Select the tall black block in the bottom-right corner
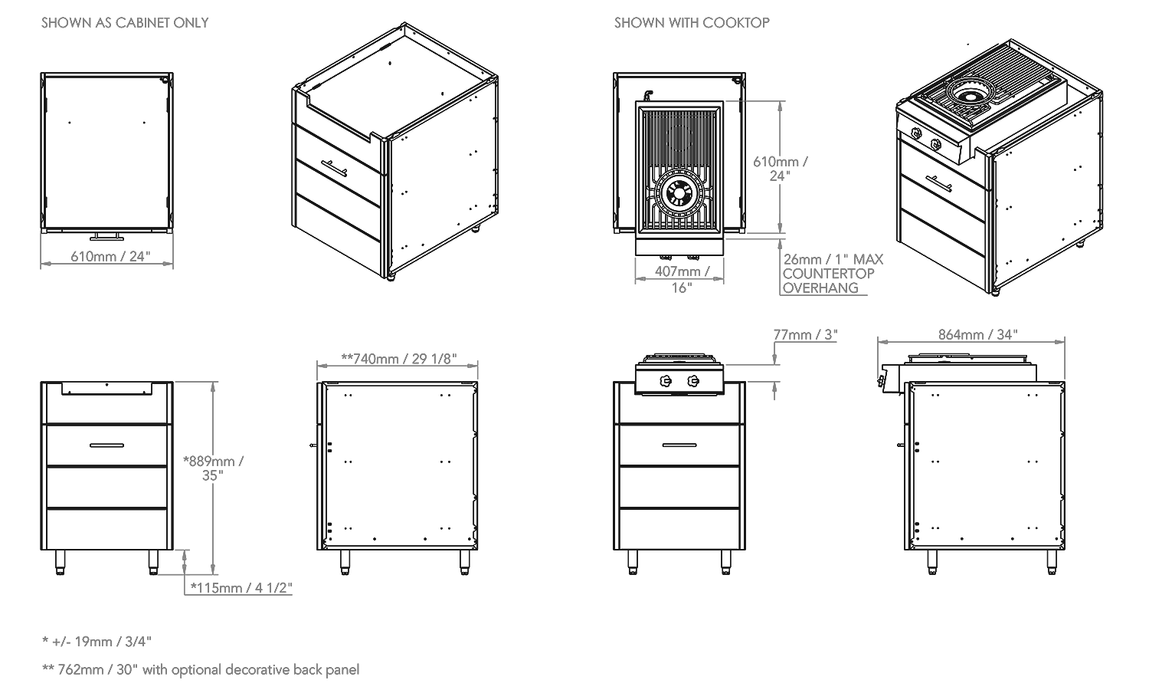[965, 529]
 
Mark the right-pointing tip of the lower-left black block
[189, 452]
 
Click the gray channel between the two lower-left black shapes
[228, 460]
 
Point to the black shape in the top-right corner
[973, 169]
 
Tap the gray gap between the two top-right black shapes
[800, 153]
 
